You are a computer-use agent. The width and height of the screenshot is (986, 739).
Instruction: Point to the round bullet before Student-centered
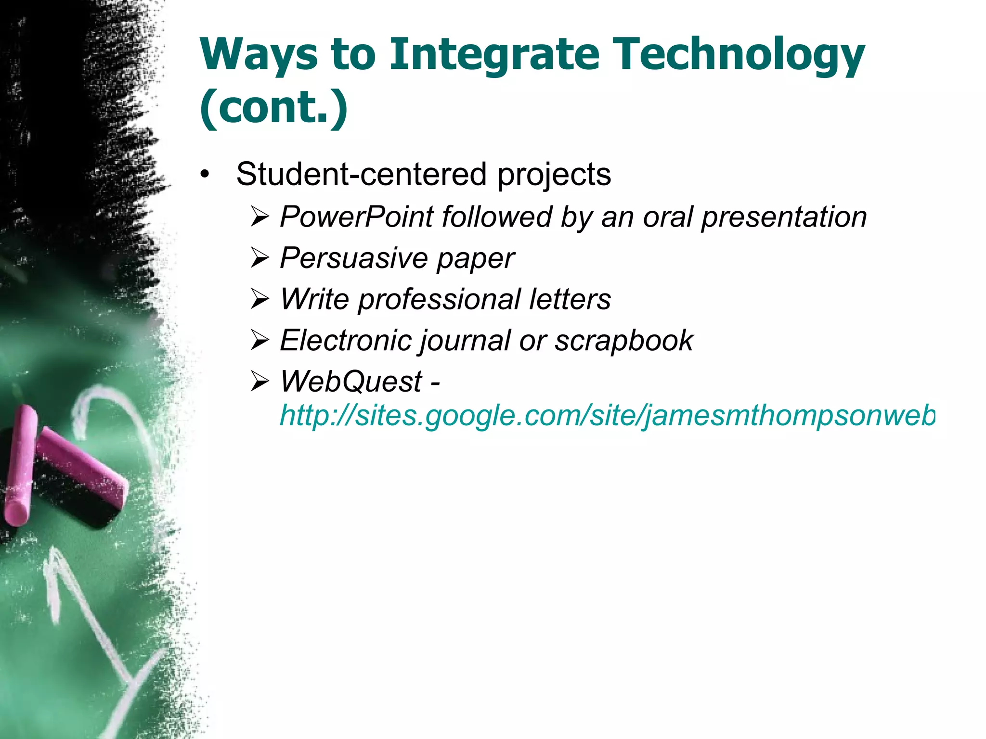click(x=206, y=174)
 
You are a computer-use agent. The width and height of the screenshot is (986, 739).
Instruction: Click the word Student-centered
click(x=361, y=174)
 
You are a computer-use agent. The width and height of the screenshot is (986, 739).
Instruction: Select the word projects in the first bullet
click(x=554, y=175)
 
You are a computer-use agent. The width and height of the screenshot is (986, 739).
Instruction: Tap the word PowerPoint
click(x=357, y=217)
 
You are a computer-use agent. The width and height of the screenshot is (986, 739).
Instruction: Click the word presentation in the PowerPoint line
click(x=784, y=217)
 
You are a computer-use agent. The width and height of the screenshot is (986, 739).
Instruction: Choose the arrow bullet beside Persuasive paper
click(x=260, y=258)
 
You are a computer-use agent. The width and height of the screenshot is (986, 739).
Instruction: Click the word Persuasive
click(x=353, y=258)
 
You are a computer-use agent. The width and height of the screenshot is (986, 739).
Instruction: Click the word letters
click(x=570, y=299)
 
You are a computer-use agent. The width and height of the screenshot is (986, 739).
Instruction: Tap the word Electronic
click(x=345, y=341)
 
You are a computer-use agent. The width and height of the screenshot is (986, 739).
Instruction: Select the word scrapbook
click(x=624, y=341)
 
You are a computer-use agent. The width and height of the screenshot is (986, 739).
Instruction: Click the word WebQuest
click(x=351, y=382)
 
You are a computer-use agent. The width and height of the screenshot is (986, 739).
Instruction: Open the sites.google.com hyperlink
click(x=607, y=415)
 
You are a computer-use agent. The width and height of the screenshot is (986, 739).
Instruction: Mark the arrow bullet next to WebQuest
click(x=260, y=382)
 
